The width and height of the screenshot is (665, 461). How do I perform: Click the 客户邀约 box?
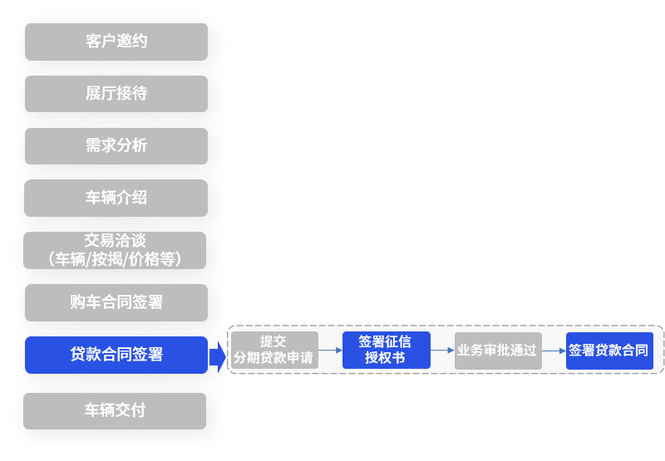point(116,42)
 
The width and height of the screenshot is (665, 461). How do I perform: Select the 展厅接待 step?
point(116,94)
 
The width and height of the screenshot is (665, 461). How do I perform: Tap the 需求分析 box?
point(116,146)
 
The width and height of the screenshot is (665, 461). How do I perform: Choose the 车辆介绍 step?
point(116,198)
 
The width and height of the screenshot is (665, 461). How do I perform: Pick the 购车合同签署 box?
point(116,302)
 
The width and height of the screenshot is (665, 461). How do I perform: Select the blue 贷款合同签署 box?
point(116,355)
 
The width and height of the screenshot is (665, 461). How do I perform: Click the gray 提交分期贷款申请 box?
point(273,351)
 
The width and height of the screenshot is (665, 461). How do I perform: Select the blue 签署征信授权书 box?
point(386,351)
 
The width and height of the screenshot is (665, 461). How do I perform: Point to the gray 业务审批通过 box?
point(497,351)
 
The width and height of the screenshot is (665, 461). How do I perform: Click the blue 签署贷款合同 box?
point(609,351)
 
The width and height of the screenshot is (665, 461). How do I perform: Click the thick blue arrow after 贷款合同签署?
point(218,356)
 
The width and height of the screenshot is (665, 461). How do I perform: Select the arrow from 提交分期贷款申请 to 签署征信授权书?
point(330,351)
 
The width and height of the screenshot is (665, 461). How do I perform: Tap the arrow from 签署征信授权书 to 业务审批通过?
point(442,351)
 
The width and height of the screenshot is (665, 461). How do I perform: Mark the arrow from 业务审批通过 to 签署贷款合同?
point(554,351)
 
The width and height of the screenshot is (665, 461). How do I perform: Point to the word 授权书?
point(386,359)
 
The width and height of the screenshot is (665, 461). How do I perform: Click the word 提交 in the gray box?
point(273,341)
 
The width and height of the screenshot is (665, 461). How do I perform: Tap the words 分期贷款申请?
point(273,359)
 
